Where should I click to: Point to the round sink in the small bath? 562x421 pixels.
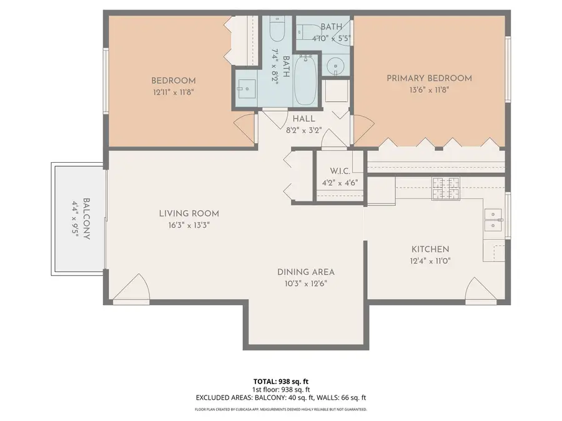(x=337, y=65)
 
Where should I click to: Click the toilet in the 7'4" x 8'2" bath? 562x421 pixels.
(x=277, y=28)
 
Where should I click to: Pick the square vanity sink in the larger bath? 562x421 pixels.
(x=244, y=89)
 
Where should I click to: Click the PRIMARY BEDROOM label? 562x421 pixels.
(x=429, y=78)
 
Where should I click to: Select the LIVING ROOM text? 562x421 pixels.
(x=188, y=213)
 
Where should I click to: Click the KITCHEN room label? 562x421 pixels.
(x=430, y=249)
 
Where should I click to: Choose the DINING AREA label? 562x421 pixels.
(x=306, y=272)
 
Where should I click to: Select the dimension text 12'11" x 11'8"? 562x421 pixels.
(x=174, y=92)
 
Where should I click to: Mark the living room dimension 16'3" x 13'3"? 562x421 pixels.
(x=188, y=225)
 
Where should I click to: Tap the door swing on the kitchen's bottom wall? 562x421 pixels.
(x=479, y=290)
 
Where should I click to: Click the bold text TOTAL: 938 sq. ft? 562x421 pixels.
(x=280, y=380)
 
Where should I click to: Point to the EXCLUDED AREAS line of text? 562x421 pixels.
(x=280, y=397)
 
